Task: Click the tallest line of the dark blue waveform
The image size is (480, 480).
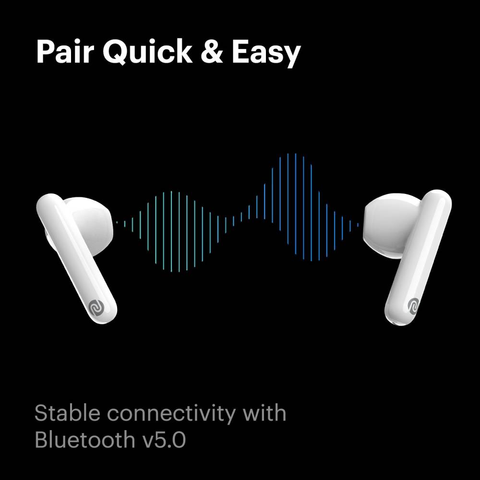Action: pos(295,206)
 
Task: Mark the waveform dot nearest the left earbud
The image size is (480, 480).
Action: pos(117,222)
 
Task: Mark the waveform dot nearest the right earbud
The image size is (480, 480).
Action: pos(358,224)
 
